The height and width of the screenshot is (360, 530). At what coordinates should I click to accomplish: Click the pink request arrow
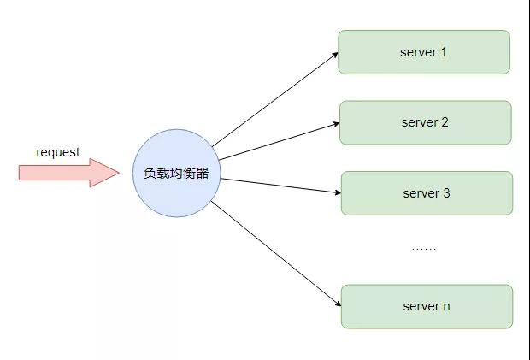[69, 173]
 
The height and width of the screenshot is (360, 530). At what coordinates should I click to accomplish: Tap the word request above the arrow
[58, 152]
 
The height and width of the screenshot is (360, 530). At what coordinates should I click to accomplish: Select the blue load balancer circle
[176, 173]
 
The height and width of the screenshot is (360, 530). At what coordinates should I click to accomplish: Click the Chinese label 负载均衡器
[176, 173]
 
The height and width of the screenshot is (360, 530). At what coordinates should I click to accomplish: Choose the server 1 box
[424, 52]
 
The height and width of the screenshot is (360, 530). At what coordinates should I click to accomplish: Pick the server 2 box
[425, 122]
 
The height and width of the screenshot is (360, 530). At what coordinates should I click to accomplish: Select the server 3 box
[427, 193]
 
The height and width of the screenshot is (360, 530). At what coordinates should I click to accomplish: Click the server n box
[427, 306]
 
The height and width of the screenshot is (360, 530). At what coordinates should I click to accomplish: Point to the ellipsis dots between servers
[424, 249]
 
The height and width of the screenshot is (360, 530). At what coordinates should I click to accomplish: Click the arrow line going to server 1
[274, 99]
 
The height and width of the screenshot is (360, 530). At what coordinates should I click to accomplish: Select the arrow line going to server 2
[280, 141]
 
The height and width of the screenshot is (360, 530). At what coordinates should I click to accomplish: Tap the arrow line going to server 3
[280, 186]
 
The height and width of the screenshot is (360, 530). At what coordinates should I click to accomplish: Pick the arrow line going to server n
[276, 253]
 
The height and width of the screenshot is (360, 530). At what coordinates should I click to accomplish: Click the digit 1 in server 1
[443, 52]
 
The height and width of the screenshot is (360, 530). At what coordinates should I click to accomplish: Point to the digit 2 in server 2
[445, 122]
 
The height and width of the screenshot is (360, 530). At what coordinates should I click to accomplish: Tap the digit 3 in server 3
[446, 193]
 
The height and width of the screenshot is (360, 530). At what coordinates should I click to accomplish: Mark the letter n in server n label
[446, 307]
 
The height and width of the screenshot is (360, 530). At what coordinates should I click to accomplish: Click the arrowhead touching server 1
[335, 55]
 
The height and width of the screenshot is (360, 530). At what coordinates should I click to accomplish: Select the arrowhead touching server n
[338, 304]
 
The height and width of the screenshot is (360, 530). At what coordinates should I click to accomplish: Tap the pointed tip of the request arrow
[119, 173]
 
